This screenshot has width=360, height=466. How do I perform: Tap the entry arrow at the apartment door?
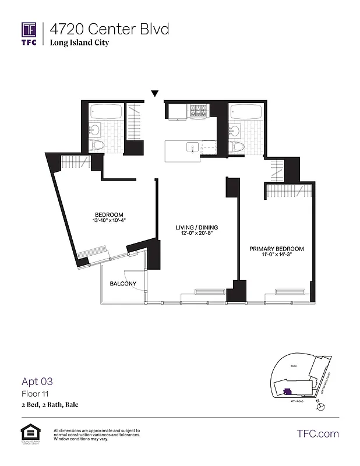tap(155, 93)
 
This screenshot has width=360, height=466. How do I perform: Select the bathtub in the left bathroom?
tap(106, 112)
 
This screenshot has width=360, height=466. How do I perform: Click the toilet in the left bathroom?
tap(97, 146)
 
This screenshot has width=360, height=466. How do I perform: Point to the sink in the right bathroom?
tap(236, 129)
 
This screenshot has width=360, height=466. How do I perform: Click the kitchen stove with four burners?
tap(200, 111)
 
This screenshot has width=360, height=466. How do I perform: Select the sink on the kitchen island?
tap(189, 147)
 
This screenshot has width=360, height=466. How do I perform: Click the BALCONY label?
tap(123, 284)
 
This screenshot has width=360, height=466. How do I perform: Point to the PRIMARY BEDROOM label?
tap(277, 249)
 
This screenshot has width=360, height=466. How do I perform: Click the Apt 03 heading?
tap(37, 382)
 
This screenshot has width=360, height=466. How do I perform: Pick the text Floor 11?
tap(33, 394)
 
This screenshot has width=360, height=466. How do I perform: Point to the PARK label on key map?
tap(294, 367)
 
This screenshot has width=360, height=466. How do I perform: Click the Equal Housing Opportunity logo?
tap(28, 434)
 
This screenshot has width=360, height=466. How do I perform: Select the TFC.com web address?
tap(317, 433)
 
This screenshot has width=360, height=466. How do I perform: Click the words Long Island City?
tap(79, 43)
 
